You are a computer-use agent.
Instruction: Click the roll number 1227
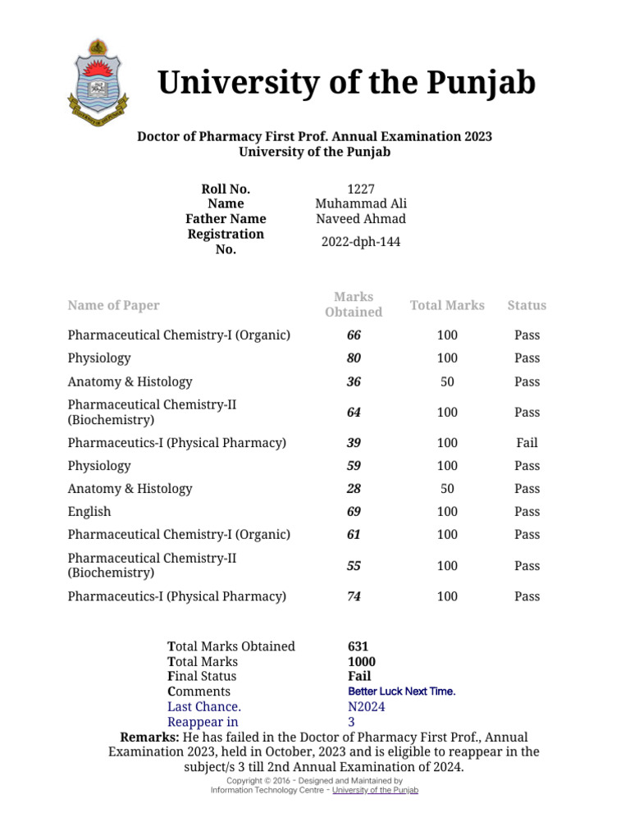tap(361, 189)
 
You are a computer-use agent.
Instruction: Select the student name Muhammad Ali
tap(361, 203)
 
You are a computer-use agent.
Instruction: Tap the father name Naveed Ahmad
tap(361, 218)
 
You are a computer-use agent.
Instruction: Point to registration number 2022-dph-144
tap(361, 242)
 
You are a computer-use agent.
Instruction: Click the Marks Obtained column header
tap(354, 304)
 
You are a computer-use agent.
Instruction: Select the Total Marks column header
tap(447, 305)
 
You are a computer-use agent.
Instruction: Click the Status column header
tap(527, 305)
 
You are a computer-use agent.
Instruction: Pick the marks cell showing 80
tap(354, 358)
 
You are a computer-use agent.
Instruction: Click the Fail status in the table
tap(527, 443)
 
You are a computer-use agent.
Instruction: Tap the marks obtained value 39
tap(354, 443)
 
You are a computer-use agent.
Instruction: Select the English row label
tap(89, 512)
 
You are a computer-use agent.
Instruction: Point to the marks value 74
tap(354, 596)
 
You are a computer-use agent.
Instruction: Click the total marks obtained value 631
tap(358, 646)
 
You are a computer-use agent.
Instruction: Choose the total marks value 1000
tap(362, 661)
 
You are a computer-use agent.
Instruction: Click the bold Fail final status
tap(359, 677)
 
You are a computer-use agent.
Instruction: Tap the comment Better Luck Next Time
tap(402, 692)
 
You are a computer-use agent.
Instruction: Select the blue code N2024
tap(367, 706)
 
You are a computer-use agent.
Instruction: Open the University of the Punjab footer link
tap(375, 790)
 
